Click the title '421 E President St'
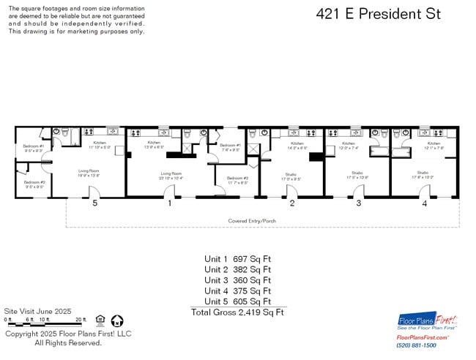(378, 14)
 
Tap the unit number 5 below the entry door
(94, 203)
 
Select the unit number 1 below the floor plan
(170, 203)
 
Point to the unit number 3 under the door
(358, 203)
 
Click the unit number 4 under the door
(424, 203)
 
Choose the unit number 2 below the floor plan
(291, 203)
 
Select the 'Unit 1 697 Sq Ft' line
(237, 259)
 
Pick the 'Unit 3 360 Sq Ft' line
(237, 280)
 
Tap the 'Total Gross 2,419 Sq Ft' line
(237, 312)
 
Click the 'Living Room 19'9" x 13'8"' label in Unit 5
(89, 173)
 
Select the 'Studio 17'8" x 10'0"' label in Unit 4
(423, 175)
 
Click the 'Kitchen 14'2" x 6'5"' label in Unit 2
(297, 146)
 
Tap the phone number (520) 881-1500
(416, 345)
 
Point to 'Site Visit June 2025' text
(36, 311)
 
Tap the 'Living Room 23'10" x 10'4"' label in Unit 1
(171, 176)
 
